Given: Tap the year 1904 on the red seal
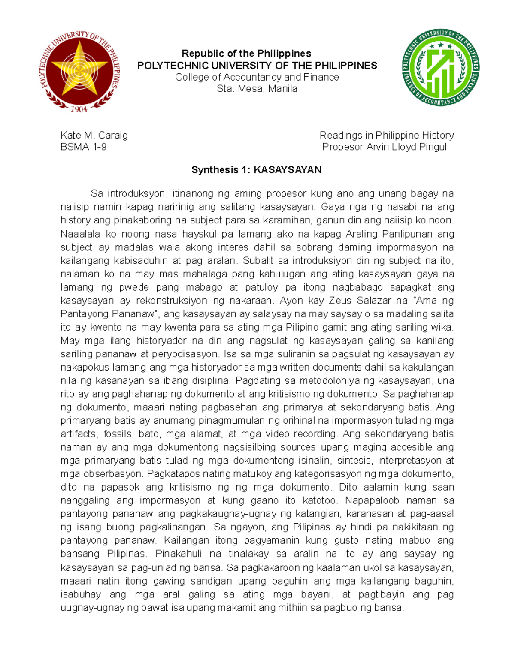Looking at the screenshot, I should (x=79, y=109).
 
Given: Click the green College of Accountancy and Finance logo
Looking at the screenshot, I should (x=441, y=68).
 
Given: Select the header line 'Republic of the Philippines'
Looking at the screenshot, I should (x=246, y=54).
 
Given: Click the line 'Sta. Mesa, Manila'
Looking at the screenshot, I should (x=257, y=89).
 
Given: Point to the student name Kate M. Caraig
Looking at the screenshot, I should (x=94, y=136).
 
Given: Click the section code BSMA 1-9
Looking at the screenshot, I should (x=83, y=147).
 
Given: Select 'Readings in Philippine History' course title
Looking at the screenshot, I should (x=387, y=136).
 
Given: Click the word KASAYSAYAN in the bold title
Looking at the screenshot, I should (x=288, y=170).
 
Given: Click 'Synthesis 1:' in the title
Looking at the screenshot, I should (x=221, y=170).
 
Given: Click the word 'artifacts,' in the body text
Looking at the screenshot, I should (x=79, y=434).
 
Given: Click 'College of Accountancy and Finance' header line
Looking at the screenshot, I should (x=257, y=77).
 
